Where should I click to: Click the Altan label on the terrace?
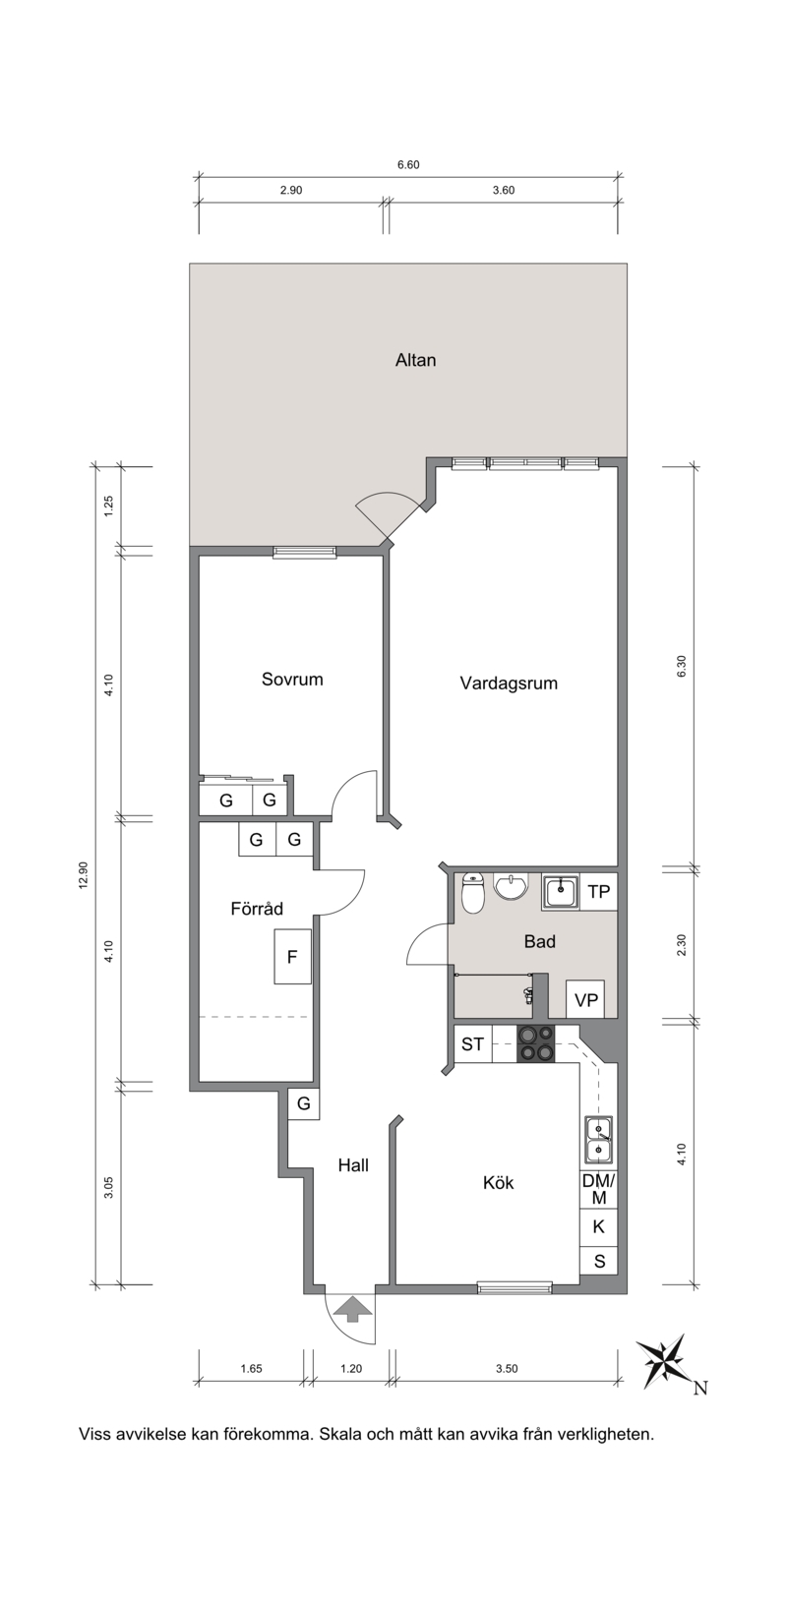415,360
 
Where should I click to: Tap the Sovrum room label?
292,679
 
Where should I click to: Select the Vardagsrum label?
509,683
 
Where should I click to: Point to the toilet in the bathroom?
472,892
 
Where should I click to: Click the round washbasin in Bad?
510,886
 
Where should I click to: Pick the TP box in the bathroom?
599,892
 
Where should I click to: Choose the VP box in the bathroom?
585,999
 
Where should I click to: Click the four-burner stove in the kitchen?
536,1044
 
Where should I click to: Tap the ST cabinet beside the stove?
472,1044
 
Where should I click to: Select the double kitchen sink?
598,1139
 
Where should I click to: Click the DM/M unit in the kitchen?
599,1189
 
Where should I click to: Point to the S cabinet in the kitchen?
599,1261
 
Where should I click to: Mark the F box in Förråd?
292,957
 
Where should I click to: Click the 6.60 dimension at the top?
408,164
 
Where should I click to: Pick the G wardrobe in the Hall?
304,1103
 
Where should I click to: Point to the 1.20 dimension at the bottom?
351,1368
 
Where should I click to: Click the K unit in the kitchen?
599,1226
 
